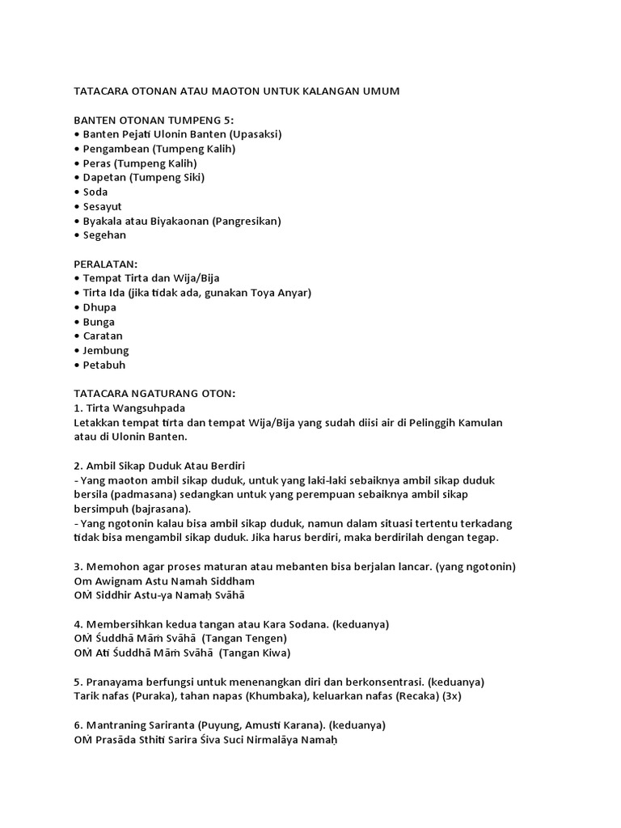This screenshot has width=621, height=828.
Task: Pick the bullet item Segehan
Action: pyautogui.click(x=104, y=235)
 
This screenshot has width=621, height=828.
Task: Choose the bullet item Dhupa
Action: pyautogui.click(x=99, y=307)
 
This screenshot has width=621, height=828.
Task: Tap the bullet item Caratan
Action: pyautogui.click(x=103, y=336)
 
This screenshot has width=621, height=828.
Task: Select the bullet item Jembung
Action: pyautogui.click(x=105, y=350)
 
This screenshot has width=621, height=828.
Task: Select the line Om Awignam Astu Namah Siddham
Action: pyautogui.click(x=164, y=581)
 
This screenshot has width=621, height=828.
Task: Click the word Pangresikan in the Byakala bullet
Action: pyautogui.click(x=247, y=221)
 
